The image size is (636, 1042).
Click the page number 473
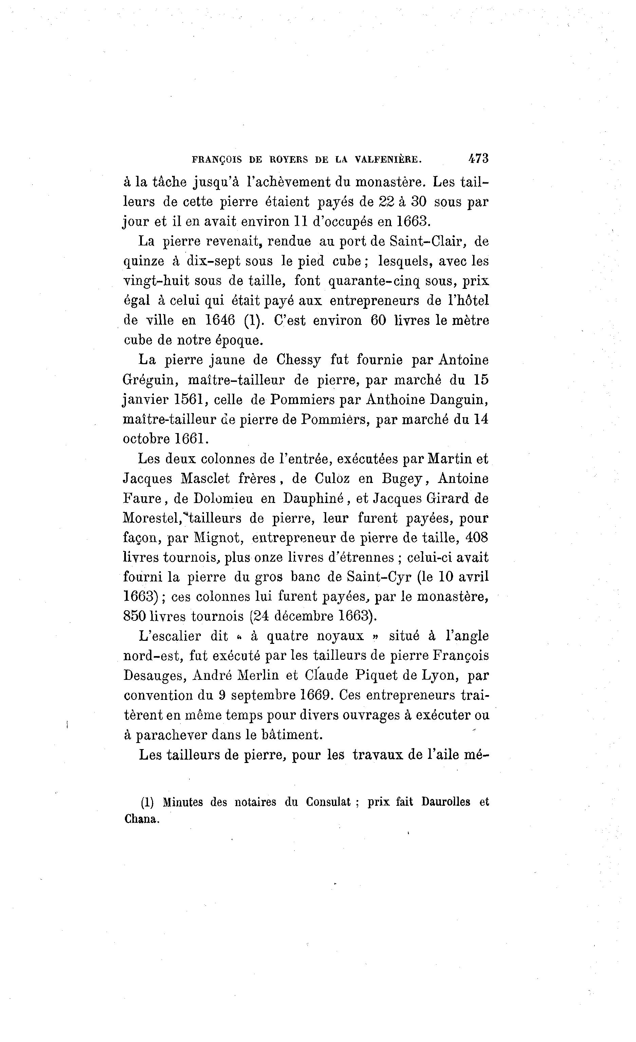coord(478,159)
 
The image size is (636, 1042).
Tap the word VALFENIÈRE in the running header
coord(388,160)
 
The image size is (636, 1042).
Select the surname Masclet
coord(205,478)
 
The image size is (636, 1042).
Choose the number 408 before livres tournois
coord(476,538)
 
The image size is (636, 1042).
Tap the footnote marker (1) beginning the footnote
coord(147,802)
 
